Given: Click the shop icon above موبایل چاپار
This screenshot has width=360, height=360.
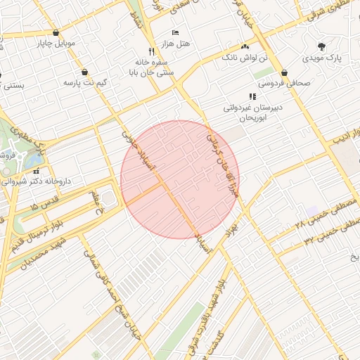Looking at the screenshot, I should [x=56, y=32].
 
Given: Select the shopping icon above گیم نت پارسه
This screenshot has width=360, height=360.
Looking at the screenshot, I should [x=85, y=72].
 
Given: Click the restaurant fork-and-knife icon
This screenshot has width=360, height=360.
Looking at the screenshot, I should [x=152, y=51].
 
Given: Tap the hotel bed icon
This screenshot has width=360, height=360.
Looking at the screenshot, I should [x=175, y=33].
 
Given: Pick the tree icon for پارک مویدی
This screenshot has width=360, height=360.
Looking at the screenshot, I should [x=321, y=47].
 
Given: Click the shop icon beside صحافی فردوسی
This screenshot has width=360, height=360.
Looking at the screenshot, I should [x=285, y=72].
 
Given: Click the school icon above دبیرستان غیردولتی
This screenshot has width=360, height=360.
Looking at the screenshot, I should [x=252, y=96].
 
